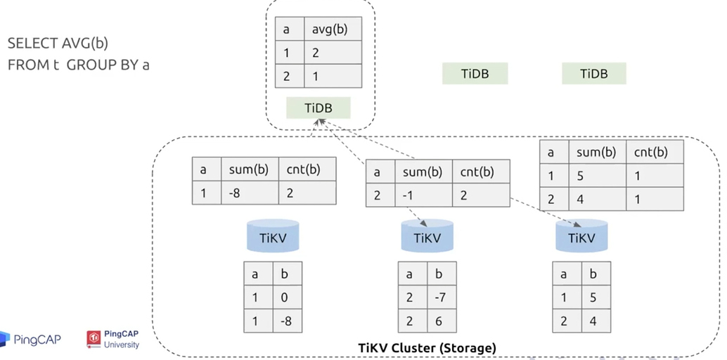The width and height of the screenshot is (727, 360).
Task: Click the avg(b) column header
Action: pos(333,30)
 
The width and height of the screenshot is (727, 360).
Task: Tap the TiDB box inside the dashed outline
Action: pos(318,108)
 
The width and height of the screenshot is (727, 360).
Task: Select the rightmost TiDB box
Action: pos(594,73)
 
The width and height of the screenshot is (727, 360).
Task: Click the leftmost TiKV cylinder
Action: pos(273,236)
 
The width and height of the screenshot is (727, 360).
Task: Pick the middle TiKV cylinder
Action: pos(427,236)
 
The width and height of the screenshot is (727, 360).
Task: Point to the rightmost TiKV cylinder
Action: pos(581,236)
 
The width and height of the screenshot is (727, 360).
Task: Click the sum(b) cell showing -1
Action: pos(423,195)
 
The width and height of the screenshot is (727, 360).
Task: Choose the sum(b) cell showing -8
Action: pos(250,193)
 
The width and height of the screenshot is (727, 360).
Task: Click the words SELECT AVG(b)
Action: pos(58,44)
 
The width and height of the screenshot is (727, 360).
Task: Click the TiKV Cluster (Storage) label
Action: pos(427,347)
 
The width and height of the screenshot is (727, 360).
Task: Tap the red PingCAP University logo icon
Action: pos(94,339)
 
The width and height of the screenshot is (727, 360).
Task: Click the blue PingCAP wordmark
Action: pos(37,340)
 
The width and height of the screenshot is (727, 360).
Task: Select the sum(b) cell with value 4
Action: pos(598,199)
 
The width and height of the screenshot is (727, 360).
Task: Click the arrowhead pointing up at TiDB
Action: pos(319,122)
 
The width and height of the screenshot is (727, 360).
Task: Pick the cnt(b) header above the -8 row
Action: pos(307,169)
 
